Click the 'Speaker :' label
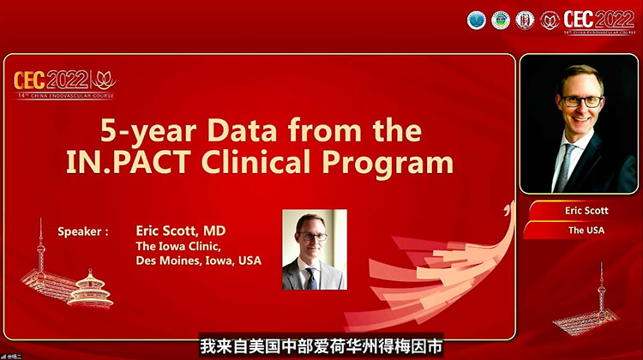click(x=83, y=231)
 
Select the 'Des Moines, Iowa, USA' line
click(x=198, y=261)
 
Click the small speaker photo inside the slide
click(x=315, y=249)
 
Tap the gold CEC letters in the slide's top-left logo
click(x=32, y=81)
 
